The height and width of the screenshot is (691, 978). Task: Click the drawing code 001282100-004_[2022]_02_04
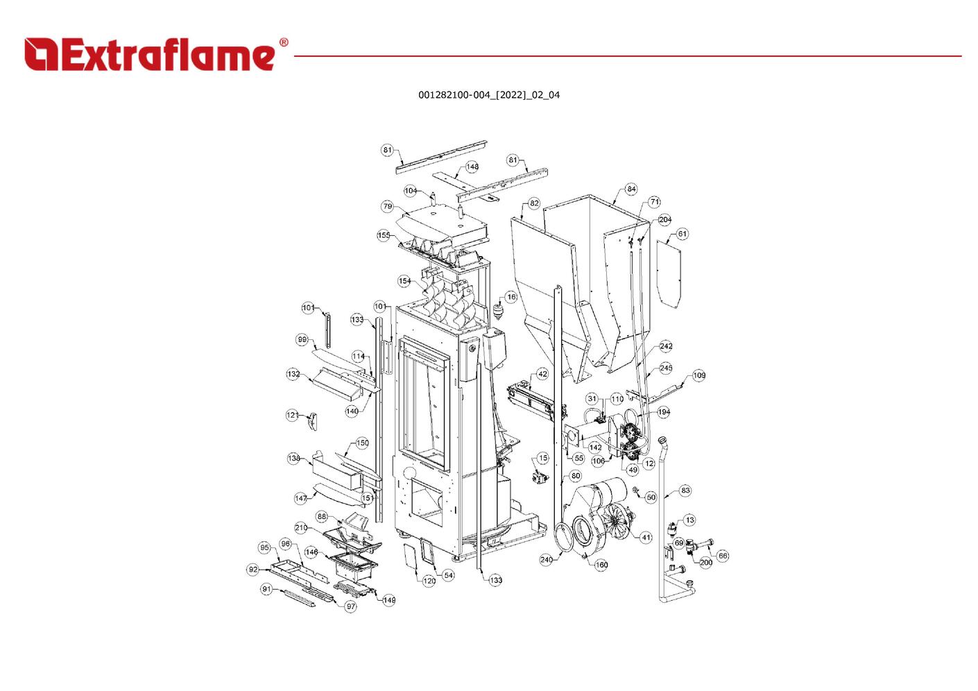point(489,95)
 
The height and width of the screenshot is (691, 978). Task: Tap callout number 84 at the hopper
point(631,189)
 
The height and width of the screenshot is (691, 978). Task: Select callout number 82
point(534,203)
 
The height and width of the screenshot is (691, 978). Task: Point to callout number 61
point(682,234)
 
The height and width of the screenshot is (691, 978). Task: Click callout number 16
point(511,297)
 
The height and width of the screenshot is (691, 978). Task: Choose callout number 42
point(542,375)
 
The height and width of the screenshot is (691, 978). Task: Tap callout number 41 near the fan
point(646,538)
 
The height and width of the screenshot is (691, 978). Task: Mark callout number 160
point(601,565)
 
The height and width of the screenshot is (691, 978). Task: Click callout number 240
point(547,559)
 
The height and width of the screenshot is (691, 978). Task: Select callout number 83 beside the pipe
point(685,490)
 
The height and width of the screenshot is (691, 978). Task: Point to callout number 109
point(699,375)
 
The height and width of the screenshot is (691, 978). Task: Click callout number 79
point(387,207)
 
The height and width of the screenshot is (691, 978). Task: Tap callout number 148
point(472,167)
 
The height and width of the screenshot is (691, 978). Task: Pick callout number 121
point(292,415)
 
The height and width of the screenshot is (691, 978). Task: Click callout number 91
point(266,589)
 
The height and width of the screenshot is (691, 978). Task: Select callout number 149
point(389,600)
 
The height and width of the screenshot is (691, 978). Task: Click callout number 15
point(542,458)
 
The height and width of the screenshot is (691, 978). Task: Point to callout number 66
point(723,556)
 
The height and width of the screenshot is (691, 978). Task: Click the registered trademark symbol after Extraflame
point(284,42)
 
